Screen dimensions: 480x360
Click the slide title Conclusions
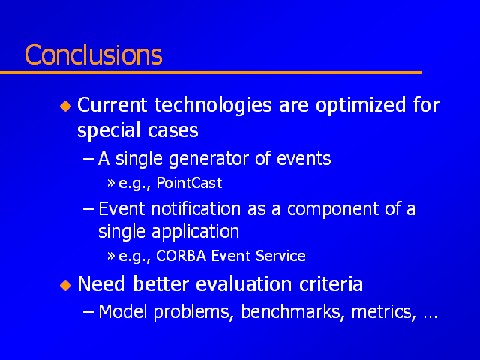click(x=93, y=55)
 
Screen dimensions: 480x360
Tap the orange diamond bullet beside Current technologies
click(x=65, y=106)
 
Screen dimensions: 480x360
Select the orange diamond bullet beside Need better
click(x=65, y=285)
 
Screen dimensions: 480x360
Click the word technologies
click(x=213, y=106)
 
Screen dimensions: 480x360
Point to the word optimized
click(x=361, y=106)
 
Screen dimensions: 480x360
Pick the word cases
click(x=173, y=130)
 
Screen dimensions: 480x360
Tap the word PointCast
click(x=189, y=183)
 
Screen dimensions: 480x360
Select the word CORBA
click(x=181, y=256)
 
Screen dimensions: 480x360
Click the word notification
click(x=196, y=209)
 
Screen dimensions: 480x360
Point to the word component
click(x=333, y=210)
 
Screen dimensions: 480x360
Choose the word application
click(x=195, y=232)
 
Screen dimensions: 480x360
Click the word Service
click(x=280, y=256)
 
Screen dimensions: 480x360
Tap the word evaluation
click(x=244, y=284)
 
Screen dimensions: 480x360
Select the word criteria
click(x=331, y=284)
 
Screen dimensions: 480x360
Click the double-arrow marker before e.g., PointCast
click(x=111, y=183)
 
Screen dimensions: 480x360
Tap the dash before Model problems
click(x=88, y=312)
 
